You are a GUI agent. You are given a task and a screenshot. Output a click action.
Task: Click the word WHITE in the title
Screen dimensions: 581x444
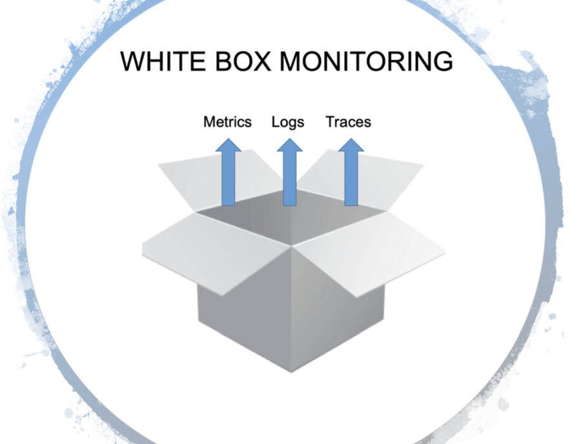[x=163, y=61]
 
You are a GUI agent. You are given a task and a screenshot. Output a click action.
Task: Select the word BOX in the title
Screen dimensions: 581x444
[x=243, y=61]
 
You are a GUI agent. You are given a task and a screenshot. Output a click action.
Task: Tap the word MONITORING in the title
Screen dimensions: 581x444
[x=367, y=61]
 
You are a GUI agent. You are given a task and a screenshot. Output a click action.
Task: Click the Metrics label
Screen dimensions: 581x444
[x=227, y=122]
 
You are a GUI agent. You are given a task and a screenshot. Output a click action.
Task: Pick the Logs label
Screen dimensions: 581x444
[x=288, y=122]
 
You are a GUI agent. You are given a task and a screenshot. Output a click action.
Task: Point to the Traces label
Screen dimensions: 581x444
[x=349, y=122]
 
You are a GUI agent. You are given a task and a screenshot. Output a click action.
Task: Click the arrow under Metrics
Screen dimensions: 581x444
[x=229, y=172]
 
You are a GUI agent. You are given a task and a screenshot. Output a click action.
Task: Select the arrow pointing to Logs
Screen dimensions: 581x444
[x=290, y=172]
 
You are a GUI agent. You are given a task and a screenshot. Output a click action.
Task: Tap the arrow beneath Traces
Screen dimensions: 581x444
[x=351, y=172]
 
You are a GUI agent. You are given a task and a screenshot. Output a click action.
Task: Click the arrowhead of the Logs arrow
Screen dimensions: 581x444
[x=290, y=145]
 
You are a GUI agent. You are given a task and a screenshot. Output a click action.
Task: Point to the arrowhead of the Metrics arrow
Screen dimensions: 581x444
[x=229, y=145]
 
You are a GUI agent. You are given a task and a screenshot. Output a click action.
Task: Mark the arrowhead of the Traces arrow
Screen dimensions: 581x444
[x=351, y=145]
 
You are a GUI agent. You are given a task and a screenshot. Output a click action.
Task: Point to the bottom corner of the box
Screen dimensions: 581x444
[x=291, y=372]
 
